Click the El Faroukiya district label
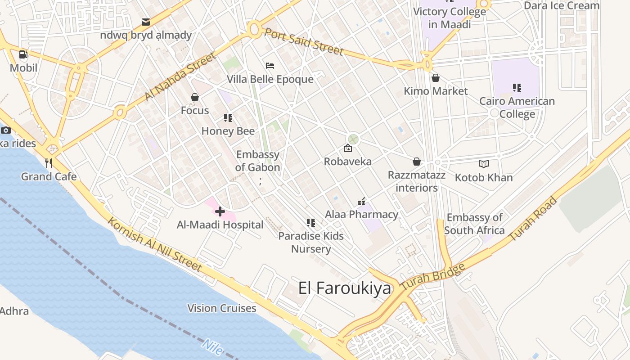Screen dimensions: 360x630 (x=345, y=288)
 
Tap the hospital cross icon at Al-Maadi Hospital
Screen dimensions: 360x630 (x=220, y=211)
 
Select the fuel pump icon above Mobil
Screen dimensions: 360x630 (x=23, y=55)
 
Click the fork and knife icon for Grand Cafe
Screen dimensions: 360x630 (x=49, y=163)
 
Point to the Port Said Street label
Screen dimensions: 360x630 (x=304, y=41)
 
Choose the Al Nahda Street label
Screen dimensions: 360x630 (x=180, y=76)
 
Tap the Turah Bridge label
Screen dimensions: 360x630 (x=432, y=276)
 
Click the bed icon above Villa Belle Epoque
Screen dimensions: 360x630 (x=270, y=66)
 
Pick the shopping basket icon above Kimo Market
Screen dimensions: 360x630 (x=435, y=78)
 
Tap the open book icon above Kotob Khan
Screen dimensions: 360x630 (x=484, y=164)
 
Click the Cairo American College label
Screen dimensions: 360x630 (x=517, y=108)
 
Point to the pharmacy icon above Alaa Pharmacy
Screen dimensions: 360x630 (x=361, y=202)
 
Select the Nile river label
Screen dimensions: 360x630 (x=212, y=346)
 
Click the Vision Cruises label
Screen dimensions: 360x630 (x=222, y=308)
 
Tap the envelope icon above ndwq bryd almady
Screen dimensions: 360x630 (x=146, y=22)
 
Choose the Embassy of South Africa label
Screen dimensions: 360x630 (x=474, y=224)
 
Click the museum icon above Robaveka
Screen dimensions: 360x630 (x=348, y=148)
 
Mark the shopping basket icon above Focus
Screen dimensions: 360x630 (x=195, y=97)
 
